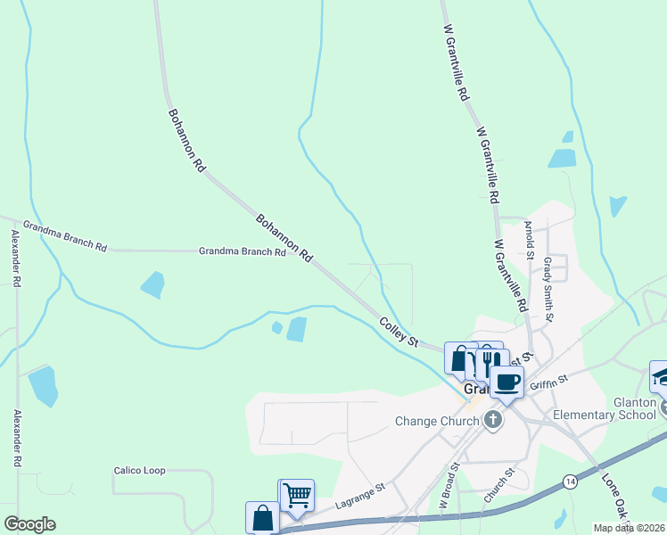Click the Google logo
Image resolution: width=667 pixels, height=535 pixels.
(29, 524)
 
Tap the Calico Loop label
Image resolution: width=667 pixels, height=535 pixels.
(141, 470)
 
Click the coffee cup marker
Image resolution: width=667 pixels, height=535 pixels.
(507, 383)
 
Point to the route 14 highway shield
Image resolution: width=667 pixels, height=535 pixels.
(569, 481)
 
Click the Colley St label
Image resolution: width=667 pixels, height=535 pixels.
(399, 332)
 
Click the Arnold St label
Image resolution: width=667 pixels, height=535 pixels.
(529, 239)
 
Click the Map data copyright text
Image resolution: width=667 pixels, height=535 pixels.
(629, 528)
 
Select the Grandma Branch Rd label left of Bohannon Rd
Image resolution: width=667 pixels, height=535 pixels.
(242, 252)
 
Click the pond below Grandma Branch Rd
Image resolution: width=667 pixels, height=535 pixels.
(152, 284)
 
